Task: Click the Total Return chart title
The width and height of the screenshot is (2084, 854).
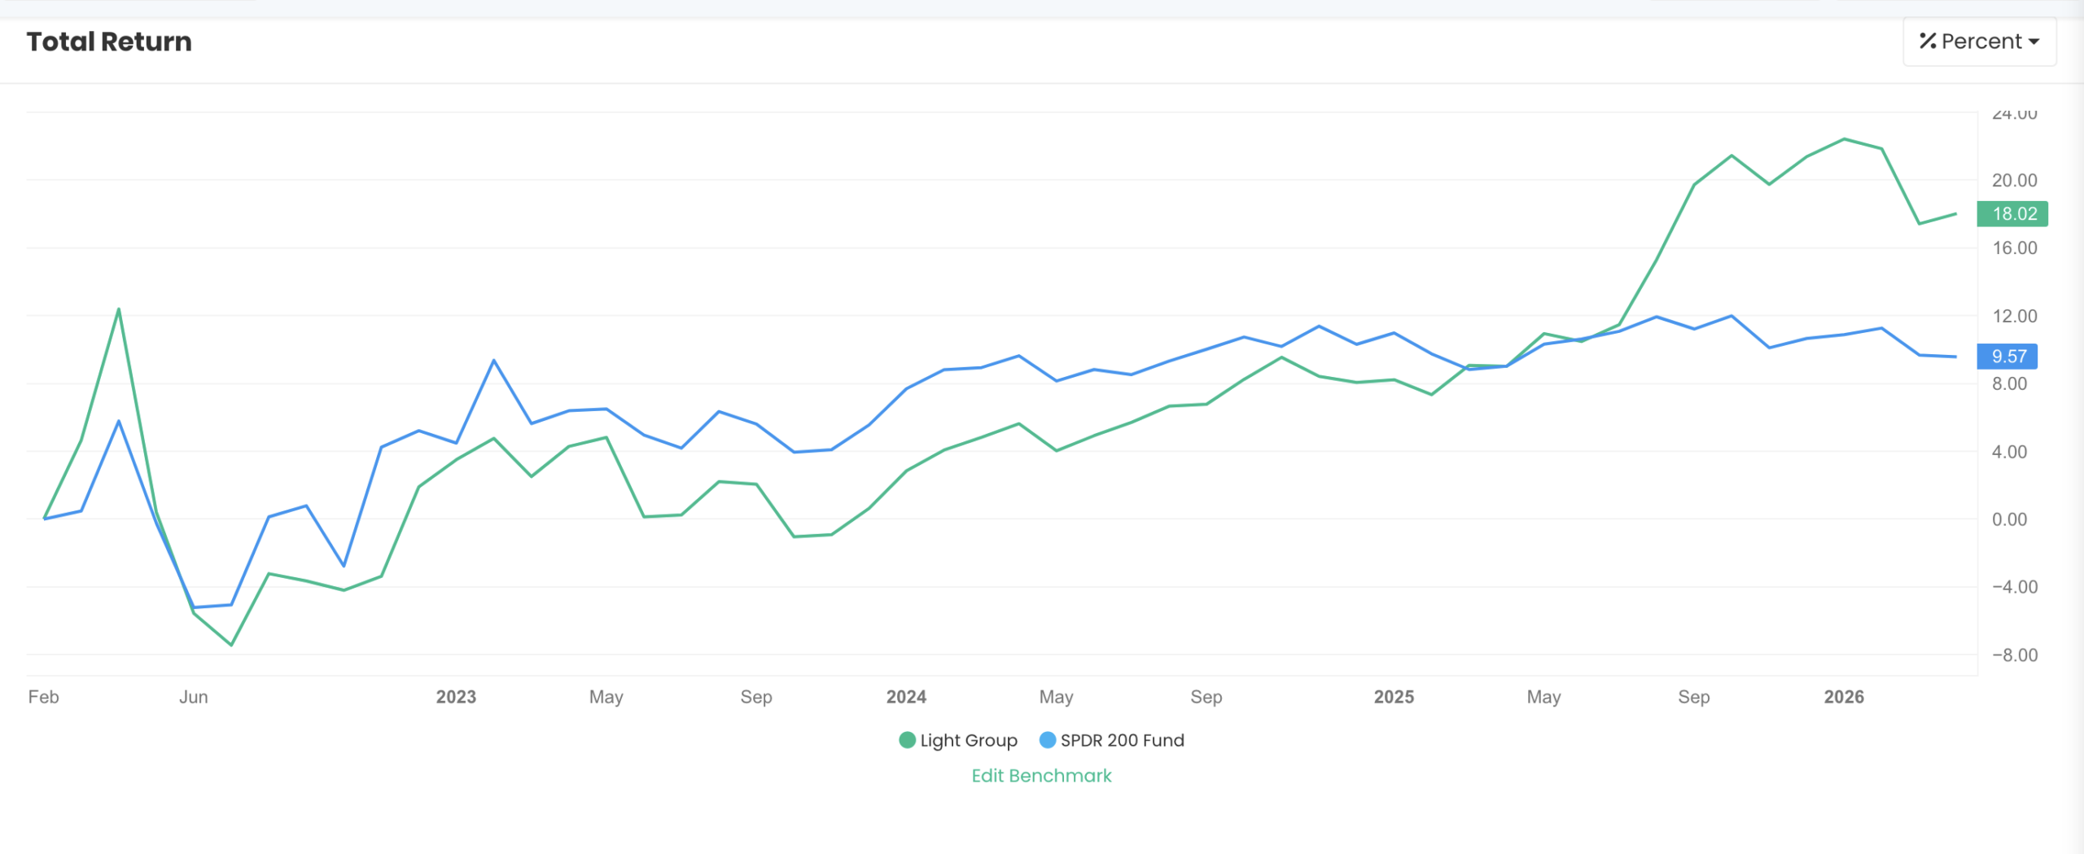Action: click(x=109, y=42)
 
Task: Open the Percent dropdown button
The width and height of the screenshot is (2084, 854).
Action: click(x=1979, y=42)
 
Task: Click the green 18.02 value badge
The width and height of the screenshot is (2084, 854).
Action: click(x=2012, y=214)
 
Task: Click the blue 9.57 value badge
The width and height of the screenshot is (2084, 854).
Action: click(x=2007, y=357)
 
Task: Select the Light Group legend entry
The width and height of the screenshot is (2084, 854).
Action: click(x=958, y=740)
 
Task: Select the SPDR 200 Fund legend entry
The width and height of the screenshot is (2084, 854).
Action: click(x=1112, y=740)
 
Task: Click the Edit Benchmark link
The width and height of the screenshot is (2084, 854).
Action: click(x=1041, y=776)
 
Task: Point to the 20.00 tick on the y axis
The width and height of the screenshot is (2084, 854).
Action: click(x=2014, y=180)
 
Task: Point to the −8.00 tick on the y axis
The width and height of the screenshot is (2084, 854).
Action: click(x=2014, y=655)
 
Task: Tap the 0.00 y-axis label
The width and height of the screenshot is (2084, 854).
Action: click(x=2009, y=519)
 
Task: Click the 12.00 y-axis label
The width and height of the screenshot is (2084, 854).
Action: click(x=2014, y=316)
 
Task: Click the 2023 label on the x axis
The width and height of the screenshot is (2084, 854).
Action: click(x=456, y=697)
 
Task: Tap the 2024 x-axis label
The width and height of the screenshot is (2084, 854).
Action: click(x=906, y=697)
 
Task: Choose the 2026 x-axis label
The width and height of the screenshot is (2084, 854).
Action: click(x=1844, y=697)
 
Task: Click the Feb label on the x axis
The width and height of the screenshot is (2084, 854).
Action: click(x=44, y=697)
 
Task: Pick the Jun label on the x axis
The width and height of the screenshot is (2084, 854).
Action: click(x=194, y=697)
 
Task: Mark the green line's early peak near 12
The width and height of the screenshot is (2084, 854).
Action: click(x=119, y=309)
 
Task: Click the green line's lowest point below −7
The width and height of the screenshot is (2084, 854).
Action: click(x=232, y=645)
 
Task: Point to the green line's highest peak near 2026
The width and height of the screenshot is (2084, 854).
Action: click(x=1845, y=139)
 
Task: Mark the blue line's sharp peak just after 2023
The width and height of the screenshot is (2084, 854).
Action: click(x=494, y=361)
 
